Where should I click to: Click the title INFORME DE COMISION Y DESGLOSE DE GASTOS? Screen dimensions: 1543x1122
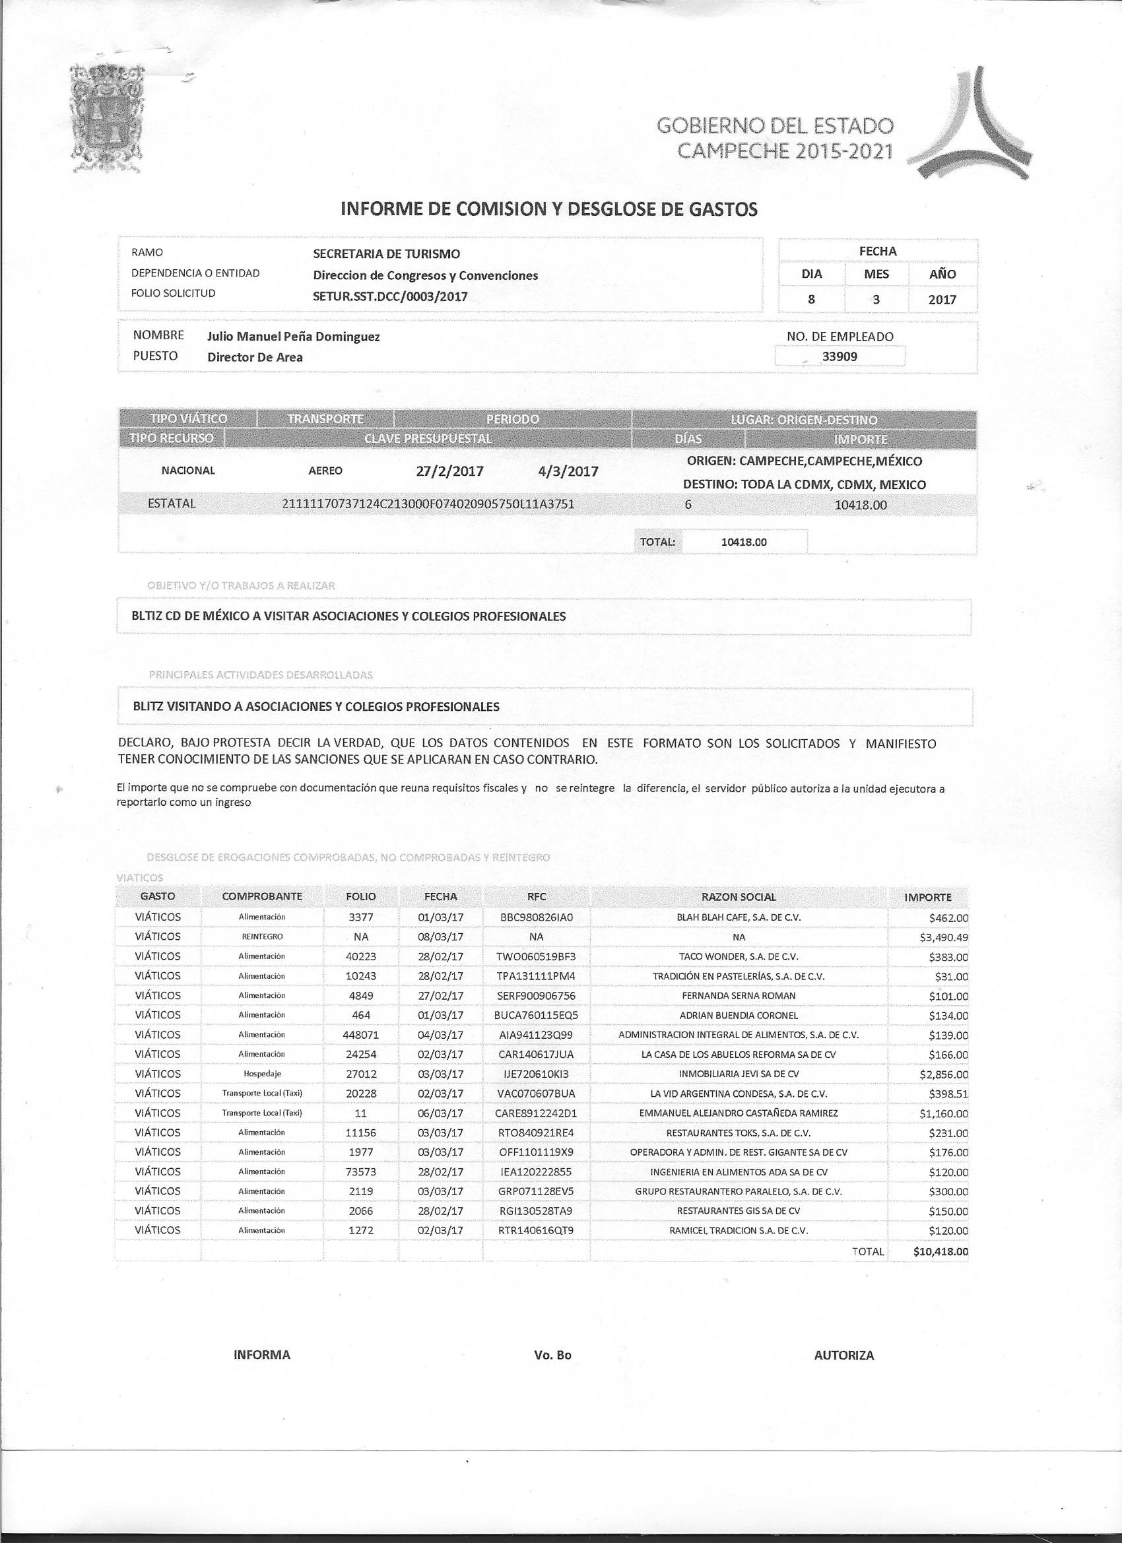pyautogui.click(x=548, y=209)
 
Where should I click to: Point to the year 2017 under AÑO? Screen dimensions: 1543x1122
pyautogui.click(x=942, y=300)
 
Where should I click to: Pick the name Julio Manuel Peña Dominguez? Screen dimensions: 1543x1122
pyautogui.click(x=293, y=336)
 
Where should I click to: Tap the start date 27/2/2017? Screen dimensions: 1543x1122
pyautogui.click(x=449, y=471)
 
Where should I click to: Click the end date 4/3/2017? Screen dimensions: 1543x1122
pyautogui.click(x=568, y=471)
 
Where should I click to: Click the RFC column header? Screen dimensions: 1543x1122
pyautogui.click(x=535, y=897)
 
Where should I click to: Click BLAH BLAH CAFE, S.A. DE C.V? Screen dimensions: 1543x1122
pyautogui.click(x=739, y=917)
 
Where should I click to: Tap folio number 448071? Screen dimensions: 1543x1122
pyautogui.click(x=360, y=1035)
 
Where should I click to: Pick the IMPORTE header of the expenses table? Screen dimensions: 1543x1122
pyautogui.click(x=927, y=897)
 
